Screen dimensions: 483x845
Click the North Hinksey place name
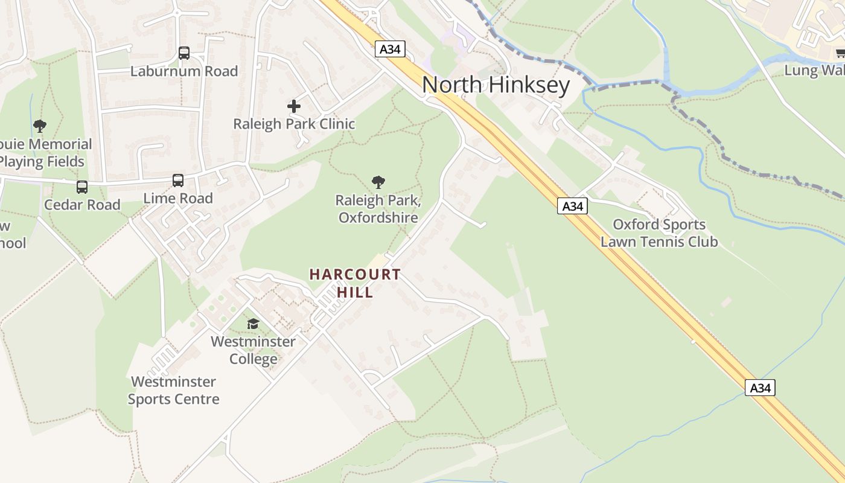point(496,85)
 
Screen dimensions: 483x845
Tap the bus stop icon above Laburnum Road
point(184,53)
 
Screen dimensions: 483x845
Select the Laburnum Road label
point(184,71)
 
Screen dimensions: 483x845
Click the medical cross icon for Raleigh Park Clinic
point(294,106)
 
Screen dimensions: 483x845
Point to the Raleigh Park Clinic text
point(294,124)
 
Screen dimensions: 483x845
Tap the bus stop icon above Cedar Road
point(82,187)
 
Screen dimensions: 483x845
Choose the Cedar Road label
point(82,205)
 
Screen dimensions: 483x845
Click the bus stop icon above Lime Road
point(178,181)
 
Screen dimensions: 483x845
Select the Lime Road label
point(178,199)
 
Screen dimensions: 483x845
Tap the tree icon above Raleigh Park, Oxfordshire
point(378,182)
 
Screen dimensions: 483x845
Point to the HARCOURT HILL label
point(355,283)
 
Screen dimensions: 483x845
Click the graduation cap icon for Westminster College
point(253,324)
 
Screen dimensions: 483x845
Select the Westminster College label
point(253,350)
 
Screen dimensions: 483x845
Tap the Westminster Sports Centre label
point(173,390)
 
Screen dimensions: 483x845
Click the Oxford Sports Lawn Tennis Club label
point(659,234)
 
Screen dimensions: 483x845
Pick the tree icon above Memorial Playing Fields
point(40,126)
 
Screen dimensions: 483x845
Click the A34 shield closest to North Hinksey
point(390,49)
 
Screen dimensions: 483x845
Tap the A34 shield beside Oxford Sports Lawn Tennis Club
point(572,206)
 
